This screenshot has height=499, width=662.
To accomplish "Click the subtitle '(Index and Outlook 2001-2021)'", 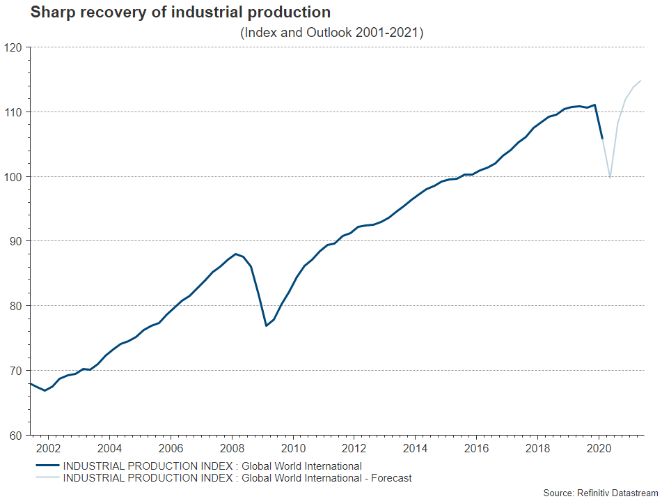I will point(331,33).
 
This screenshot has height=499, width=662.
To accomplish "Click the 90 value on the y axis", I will point(15,241).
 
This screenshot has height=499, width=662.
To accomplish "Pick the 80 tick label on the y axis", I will point(15,306).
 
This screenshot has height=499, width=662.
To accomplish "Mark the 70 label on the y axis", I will point(15,370).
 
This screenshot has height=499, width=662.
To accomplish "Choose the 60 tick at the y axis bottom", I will point(15,435).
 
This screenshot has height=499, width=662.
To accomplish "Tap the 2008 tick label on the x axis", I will point(232,447).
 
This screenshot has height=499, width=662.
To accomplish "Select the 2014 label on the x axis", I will point(415,447).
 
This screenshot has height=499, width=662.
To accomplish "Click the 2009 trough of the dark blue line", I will point(266,325).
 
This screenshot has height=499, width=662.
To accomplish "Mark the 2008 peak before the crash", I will point(235,254).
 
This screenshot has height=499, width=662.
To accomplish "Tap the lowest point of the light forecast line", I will point(610,178).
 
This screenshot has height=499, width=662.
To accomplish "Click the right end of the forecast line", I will point(640,81).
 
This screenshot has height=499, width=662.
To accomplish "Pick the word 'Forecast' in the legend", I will point(390,478).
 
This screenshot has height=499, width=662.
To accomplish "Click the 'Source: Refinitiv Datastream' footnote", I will point(600,493).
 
